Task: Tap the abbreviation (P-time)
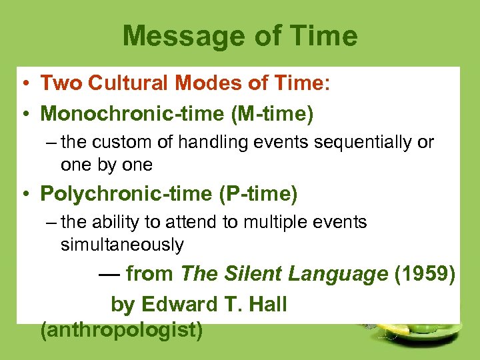258,194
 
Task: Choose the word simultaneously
122,245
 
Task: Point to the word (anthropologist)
121,330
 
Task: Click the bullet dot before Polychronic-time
24,195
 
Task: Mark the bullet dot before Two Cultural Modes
24,83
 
